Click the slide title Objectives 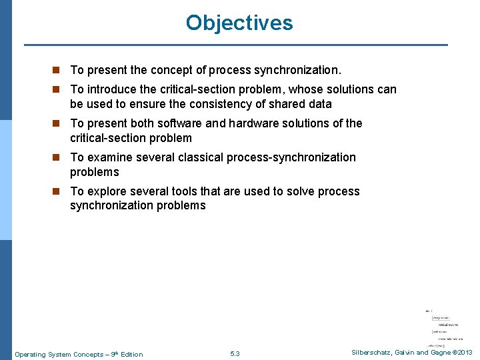[x=239, y=23]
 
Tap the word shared [x=284, y=104]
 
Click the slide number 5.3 [x=235, y=354]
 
